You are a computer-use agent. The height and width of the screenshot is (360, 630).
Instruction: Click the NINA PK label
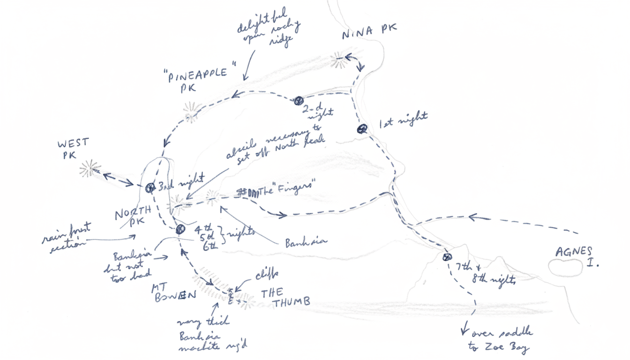[x=369, y=34]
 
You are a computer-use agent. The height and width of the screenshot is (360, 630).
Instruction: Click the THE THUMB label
[x=285, y=298]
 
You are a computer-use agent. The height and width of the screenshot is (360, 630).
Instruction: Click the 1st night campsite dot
[x=361, y=129]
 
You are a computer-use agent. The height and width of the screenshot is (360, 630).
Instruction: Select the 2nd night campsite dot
[x=299, y=101]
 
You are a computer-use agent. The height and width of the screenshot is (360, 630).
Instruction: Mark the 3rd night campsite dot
[x=150, y=188]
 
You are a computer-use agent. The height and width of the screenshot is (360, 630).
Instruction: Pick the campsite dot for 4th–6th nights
[x=180, y=229]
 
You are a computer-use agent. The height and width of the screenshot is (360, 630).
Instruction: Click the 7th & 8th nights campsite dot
[x=447, y=257]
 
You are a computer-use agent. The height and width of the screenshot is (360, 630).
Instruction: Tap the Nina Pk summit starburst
[x=338, y=60]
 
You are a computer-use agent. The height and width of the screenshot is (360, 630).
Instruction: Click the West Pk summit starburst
[x=89, y=168]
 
